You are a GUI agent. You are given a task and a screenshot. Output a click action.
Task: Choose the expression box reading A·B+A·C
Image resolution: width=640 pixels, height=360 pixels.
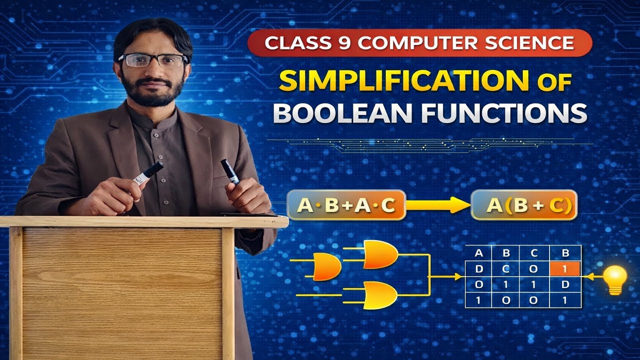346,205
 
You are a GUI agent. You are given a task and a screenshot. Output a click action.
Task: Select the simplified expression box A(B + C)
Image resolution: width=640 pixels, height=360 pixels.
524,205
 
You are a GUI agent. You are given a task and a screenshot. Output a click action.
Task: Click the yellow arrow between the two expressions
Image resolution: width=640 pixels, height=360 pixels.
437,204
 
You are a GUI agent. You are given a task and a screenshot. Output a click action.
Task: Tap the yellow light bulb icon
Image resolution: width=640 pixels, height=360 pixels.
614,278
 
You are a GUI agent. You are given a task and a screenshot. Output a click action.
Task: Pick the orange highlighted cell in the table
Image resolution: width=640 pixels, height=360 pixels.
564,269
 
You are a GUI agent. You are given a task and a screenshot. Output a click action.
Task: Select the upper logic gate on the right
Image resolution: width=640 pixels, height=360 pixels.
380,254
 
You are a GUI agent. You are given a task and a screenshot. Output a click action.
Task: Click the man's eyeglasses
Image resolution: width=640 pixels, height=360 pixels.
152,60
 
